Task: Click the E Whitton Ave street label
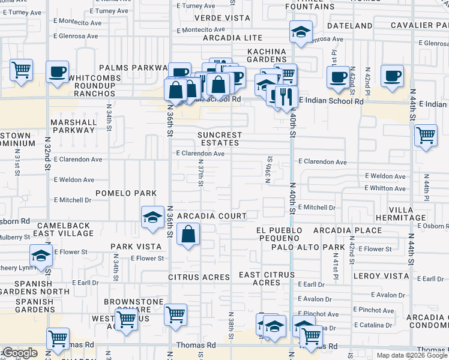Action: click(x=385, y=188)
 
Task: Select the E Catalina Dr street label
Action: click(x=373, y=325)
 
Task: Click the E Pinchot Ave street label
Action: click(x=374, y=310)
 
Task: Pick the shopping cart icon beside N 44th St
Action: click(x=426, y=135)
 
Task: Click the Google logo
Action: click(x=20, y=353)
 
